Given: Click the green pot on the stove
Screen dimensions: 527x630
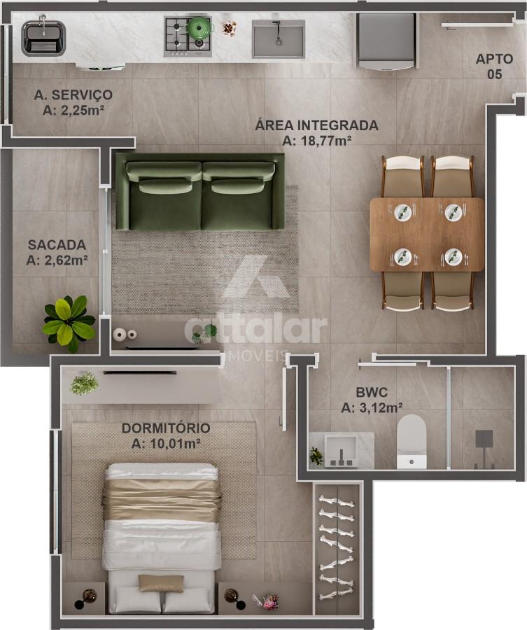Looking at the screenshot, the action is (x=200, y=27).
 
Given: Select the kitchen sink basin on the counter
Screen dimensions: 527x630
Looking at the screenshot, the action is (x=279, y=39).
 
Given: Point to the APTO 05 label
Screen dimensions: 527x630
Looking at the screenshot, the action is (x=495, y=66).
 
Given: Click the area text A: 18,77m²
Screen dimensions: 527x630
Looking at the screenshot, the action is (x=317, y=141).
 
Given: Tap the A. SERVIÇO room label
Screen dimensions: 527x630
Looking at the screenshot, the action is (x=73, y=94).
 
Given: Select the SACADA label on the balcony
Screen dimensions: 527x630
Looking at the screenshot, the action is (x=57, y=245).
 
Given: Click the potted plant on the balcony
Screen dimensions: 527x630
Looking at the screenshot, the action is (x=69, y=323).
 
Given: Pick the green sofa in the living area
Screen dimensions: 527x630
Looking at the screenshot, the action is (x=200, y=191).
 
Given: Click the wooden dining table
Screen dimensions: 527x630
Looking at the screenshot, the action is (x=427, y=234).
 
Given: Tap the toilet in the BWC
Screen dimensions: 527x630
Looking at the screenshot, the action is (x=412, y=442).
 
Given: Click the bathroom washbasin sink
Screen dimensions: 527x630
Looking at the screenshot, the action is (x=341, y=451).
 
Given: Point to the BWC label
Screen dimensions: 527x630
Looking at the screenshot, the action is (x=372, y=392).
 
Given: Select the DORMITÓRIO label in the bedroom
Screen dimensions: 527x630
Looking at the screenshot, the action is (x=166, y=428).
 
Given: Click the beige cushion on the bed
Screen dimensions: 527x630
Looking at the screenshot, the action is (x=162, y=583).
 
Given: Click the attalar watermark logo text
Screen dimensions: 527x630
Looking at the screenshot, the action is (x=256, y=330).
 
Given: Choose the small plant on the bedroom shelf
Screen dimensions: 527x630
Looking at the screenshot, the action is (x=85, y=384).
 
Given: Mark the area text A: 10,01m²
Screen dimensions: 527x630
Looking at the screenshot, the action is (x=167, y=444).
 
